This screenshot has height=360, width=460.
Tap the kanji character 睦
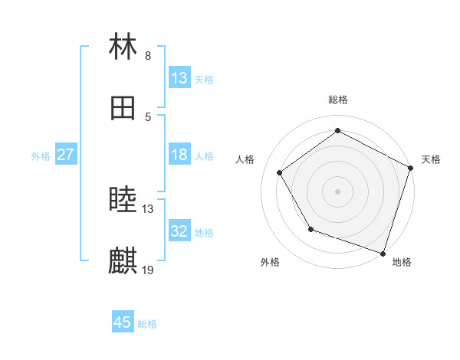point(123,200)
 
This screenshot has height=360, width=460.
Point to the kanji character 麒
point(123,261)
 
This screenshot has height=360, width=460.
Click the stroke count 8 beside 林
point(148,55)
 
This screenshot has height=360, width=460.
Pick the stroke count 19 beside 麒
point(148,270)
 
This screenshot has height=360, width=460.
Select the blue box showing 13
point(179,78)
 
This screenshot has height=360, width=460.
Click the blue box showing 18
point(179,155)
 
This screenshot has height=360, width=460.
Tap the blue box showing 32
point(179,231)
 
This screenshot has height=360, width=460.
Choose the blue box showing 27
point(65,155)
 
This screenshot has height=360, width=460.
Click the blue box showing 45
point(123,322)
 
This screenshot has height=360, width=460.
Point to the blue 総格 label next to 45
point(147,324)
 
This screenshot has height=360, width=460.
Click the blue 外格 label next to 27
point(41,156)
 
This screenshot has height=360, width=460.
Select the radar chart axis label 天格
point(431,159)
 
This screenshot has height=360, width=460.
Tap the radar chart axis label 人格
point(245,159)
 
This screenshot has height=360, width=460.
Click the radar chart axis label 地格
point(402,262)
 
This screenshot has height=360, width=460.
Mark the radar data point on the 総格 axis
point(337,131)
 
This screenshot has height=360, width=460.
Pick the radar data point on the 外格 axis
point(310,229)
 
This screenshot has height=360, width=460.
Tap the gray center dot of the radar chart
point(337,191)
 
